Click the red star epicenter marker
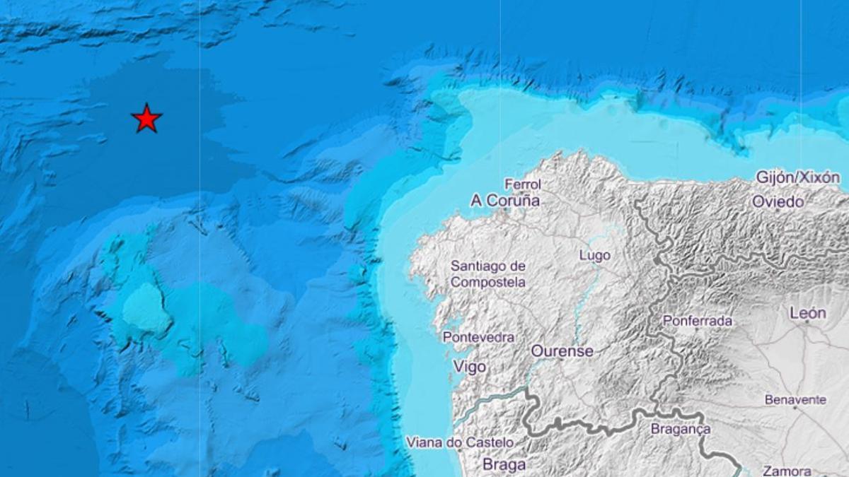146,119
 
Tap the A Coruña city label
505,201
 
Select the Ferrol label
524,184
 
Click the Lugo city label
594,255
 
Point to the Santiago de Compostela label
488,274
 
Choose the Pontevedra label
478,338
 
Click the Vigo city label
468,367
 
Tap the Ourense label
562,351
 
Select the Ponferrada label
697,321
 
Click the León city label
807,313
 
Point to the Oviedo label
778,202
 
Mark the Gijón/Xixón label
798,177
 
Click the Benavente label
795,400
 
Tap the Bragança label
680,429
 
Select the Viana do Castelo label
460,443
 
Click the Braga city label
504,464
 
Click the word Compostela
488,282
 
